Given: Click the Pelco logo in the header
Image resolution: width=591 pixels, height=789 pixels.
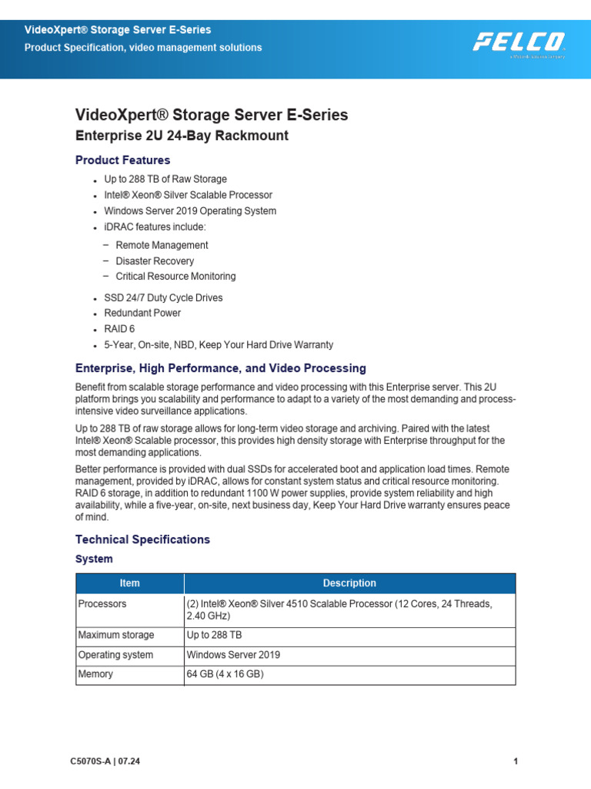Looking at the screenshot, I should [519, 42].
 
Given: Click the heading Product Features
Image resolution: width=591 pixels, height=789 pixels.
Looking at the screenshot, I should [122, 160].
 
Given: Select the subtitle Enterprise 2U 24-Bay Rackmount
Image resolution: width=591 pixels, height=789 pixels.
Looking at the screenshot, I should [182, 136].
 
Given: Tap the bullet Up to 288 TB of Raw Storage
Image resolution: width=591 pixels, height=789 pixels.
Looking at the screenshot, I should [165, 180].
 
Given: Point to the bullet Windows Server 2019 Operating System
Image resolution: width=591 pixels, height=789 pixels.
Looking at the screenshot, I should [190, 211].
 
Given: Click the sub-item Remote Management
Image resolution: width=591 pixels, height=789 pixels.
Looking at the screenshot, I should [162, 245].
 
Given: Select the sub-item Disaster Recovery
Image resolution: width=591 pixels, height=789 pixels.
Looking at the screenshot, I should [155, 261].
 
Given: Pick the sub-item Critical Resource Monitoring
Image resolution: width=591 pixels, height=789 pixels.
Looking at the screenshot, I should [175, 277].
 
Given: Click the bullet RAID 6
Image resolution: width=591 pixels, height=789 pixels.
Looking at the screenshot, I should [119, 329].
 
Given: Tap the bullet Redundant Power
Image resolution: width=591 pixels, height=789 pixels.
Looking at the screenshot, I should [142, 314].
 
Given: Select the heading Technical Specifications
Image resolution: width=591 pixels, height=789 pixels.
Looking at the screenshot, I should [142, 539].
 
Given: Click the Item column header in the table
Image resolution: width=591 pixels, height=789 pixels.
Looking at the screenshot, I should [129, 583].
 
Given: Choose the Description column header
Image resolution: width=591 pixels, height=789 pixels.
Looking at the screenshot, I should [349, 583].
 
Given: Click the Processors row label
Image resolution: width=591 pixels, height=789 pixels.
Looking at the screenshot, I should [102, 604].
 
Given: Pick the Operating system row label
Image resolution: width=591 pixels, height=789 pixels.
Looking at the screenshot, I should [115, 655].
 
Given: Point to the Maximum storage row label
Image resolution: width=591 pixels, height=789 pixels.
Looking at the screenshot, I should [116, 635].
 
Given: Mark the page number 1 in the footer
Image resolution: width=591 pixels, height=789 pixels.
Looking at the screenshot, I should [515, 762].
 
